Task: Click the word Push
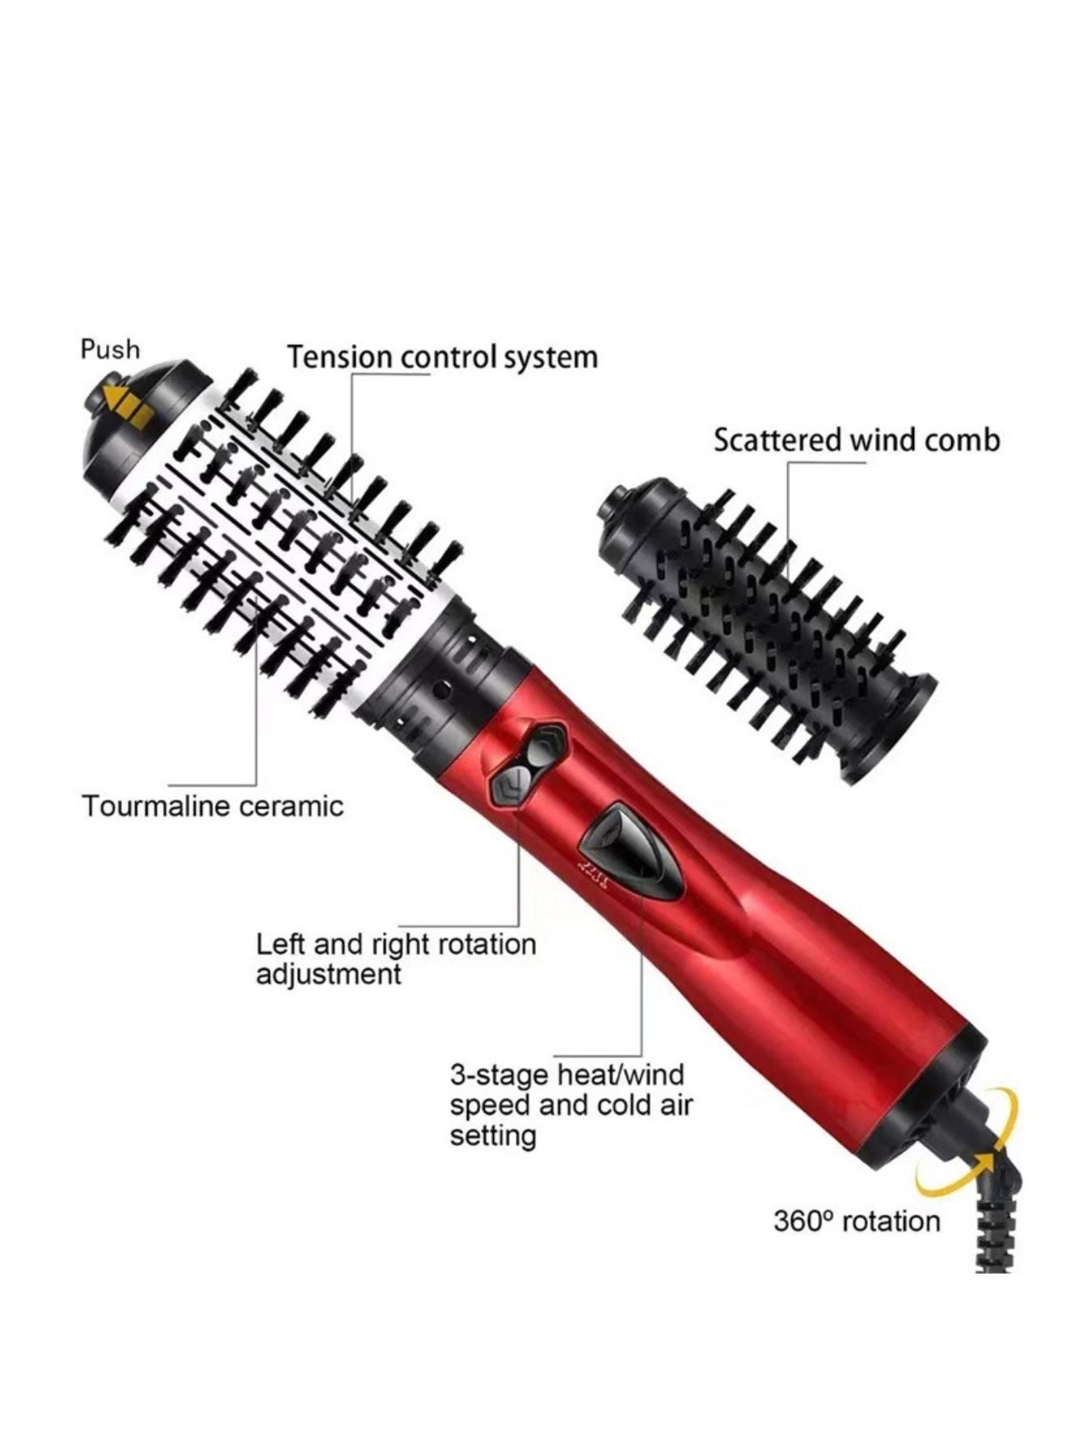click(x=110, y=350)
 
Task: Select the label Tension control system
click(x=443, y=357)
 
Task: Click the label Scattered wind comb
click(x=857, y=440)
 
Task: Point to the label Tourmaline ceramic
click(x=213, y=806)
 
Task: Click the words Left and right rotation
click(x=396, y=943)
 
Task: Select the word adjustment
click(x=328, y=974)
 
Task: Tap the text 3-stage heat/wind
click(x=567, y=1075)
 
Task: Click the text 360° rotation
click(x=857, y=1221)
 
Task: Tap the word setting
click(x=493, y=1137)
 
